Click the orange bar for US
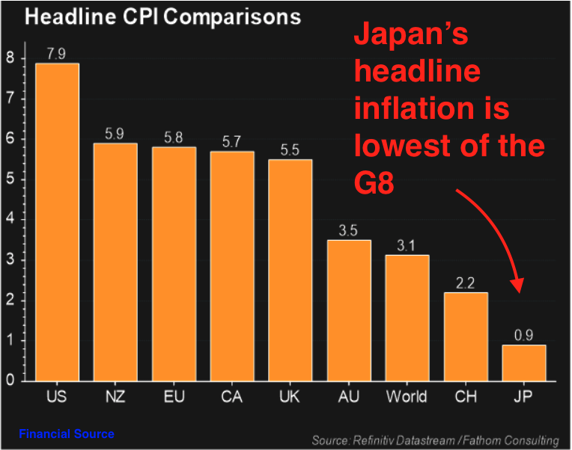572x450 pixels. (x=57, y=222)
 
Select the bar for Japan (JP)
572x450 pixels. (x=524, y=363)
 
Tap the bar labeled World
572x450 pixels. (x=407, y=318)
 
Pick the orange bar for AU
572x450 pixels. (x=349, y=310)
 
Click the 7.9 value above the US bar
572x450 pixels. (x=57, y=54)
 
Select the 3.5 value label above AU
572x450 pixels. (x=349, y=230)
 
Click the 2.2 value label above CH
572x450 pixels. (x=466, y=283)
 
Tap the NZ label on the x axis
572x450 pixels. (x=115, y=396)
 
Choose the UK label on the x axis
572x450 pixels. (x=290, y=396)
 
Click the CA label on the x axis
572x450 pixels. (x=232, y=396)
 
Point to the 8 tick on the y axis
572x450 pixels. (x=10, y=58)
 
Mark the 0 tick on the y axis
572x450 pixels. (x=10, y=380)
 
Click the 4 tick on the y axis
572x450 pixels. (x=10, y=220)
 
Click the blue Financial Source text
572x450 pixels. (x=67, y=434)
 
